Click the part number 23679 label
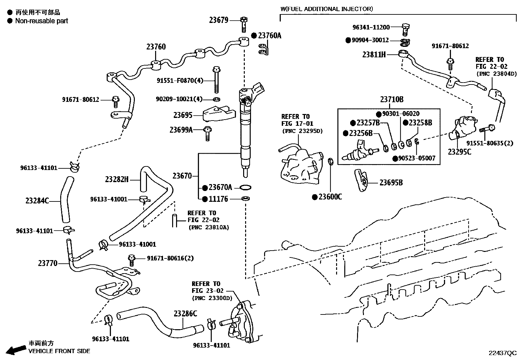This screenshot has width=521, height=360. (219, 20)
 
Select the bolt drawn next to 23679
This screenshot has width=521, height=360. (243, 24)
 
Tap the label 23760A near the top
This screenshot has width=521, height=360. (269, 35)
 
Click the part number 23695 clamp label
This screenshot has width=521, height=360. (183, 115)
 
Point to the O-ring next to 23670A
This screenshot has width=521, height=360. (245, 187)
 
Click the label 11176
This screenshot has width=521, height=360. (219, 199)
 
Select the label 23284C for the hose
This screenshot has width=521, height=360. (37, 200)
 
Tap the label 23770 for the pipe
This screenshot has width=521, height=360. (47, 263)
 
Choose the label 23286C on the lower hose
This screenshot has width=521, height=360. (185, 313)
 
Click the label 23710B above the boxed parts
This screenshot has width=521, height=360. (392, 99)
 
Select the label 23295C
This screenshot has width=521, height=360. (459, 152)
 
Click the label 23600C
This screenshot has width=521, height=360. (330, 197)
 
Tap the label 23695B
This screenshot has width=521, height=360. (391, 183)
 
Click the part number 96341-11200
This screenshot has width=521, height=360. (371, 27)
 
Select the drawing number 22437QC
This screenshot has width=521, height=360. (502, 353)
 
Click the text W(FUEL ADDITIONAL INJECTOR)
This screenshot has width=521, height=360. (326, 9)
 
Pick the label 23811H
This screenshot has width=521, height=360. (374, 54)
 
